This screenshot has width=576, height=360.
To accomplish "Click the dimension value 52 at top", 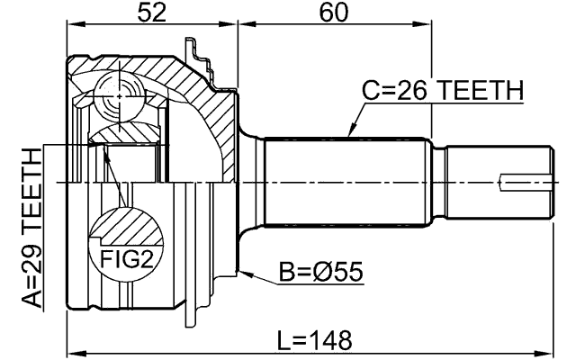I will point(150,14).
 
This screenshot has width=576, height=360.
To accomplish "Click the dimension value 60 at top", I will point(333,14).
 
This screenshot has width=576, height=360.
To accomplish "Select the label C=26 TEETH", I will point(441,90).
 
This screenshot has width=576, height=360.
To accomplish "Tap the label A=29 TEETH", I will point(32,229).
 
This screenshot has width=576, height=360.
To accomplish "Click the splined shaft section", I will point(346,181).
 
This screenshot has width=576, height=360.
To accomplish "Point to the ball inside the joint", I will point(118,93).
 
